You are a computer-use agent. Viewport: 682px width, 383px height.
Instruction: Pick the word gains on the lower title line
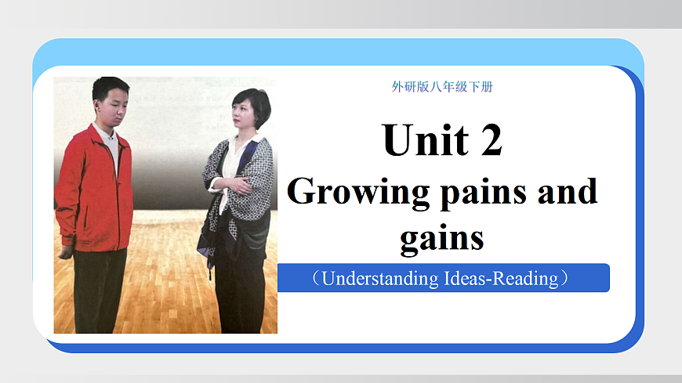pos(442,237)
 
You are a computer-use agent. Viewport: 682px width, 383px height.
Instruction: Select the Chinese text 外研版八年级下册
pos(442,87)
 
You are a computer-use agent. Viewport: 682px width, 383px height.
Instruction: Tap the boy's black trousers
pos(100,290)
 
